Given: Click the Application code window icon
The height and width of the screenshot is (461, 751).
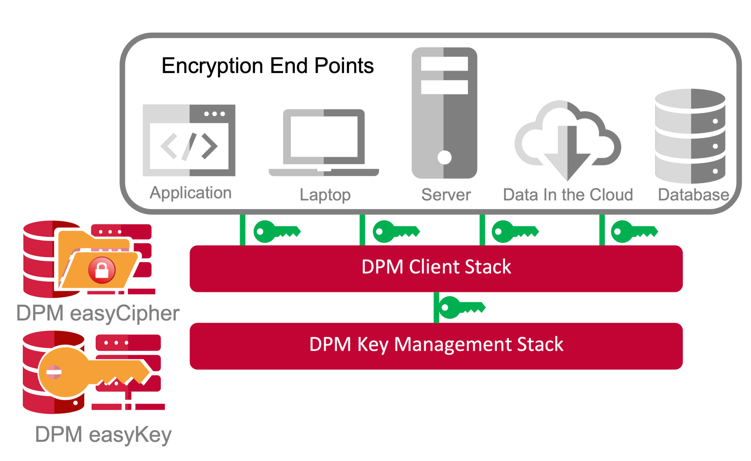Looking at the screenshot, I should [x=189, y=140].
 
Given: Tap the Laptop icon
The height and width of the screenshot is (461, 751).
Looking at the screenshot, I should [x=324, y=142].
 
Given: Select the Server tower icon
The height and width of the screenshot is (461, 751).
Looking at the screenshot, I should [x=444, y=113].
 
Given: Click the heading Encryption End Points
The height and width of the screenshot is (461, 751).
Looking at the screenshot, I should [x=267, y=66].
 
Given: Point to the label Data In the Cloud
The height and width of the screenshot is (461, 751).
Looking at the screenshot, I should [x=568, y=195].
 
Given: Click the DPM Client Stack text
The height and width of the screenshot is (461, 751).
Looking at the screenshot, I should [x=436, y=267].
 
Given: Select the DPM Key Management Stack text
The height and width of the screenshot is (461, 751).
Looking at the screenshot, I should [x=436, y=344].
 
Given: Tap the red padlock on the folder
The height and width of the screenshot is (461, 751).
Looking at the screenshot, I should [x=102, y=270].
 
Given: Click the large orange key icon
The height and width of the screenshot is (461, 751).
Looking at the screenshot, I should [x=94, y=372].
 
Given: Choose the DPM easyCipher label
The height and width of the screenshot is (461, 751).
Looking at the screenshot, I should [x=98, y=314].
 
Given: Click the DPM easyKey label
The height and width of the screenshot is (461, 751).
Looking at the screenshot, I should [x=103, y=435].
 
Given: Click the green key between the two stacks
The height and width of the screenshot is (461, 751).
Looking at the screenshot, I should [x=462, y=307].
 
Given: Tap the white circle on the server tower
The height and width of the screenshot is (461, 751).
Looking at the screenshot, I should [x=444, y=158].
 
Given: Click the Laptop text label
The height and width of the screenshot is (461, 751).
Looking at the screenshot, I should [x=325, y=195].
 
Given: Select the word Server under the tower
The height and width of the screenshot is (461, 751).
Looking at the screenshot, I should [x=446, y=195].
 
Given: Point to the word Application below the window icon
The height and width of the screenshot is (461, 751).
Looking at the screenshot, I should [x=190, y=193].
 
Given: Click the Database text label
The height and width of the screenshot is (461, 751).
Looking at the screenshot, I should [x=693, y=195].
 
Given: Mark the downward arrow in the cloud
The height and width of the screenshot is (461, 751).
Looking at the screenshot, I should [x=567, y=154].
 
